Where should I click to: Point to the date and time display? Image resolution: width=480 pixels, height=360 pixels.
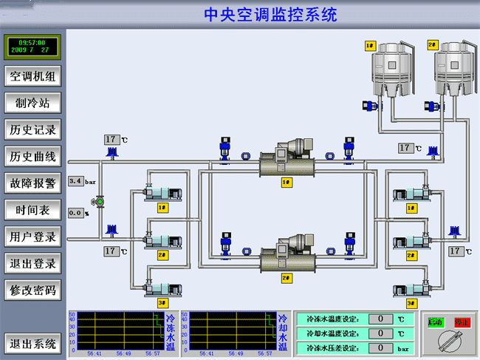point(34,47)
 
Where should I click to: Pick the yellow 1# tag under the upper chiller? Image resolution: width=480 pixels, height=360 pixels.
point(286,182)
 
